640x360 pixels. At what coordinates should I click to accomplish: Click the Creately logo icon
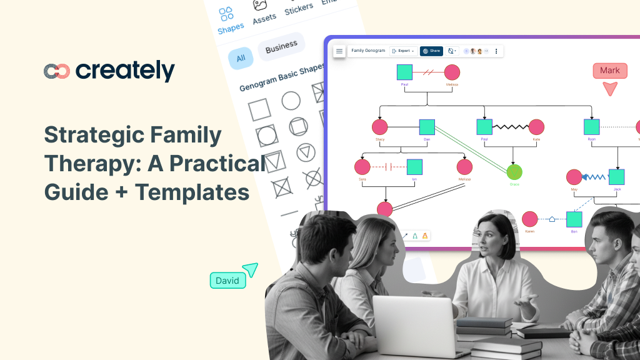pos(56,71)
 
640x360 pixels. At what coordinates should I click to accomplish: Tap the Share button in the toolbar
pos(431,51)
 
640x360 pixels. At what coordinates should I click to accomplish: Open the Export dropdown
pos(403,51)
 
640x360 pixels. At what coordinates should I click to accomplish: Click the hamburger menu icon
pos(339,51)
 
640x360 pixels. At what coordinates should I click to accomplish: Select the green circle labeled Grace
pos(514,172)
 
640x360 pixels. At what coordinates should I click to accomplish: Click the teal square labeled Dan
pos(427,127)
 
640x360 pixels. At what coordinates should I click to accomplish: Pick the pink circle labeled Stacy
pos(380,127)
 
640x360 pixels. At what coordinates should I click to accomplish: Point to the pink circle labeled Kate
pos(536,127)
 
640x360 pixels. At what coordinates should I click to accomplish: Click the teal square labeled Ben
pos(574,219)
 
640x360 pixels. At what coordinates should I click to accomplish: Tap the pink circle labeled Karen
pos(529,219)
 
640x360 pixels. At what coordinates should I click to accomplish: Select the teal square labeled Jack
pos(617,177)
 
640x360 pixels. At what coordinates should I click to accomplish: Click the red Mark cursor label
pos(609,71)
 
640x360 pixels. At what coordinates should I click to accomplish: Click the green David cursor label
pos(227,281)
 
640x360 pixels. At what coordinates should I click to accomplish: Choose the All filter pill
pos(240,59)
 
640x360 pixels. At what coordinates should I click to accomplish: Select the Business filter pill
pos(281,47)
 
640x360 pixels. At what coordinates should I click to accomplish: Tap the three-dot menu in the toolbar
pos(496,51)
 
